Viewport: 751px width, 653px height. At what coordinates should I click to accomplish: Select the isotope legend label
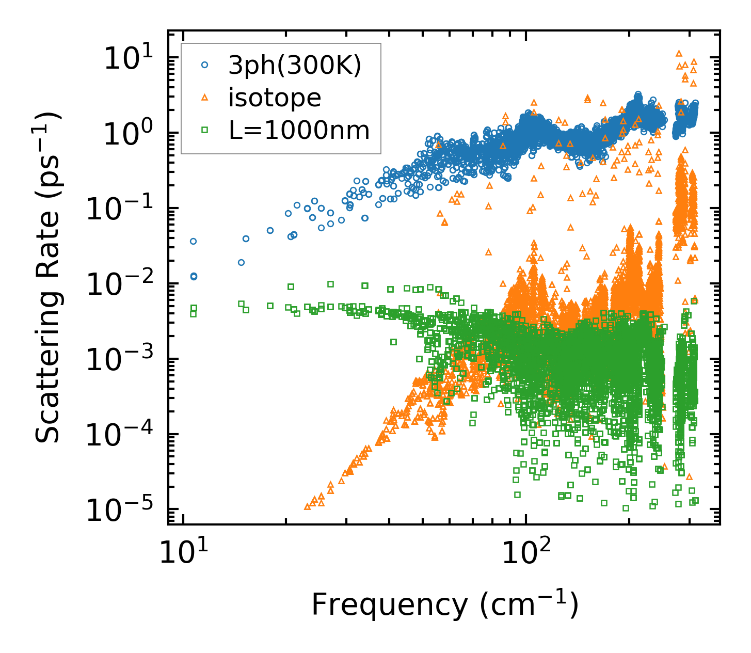click(275, 98)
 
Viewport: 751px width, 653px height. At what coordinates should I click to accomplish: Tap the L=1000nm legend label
click(299, 131)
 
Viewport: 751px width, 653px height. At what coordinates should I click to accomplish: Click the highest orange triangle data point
click(679, 53)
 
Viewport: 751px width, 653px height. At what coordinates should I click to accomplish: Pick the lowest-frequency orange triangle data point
click(308, 506)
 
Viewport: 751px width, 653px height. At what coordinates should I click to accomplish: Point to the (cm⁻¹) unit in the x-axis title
click(530, 604)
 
